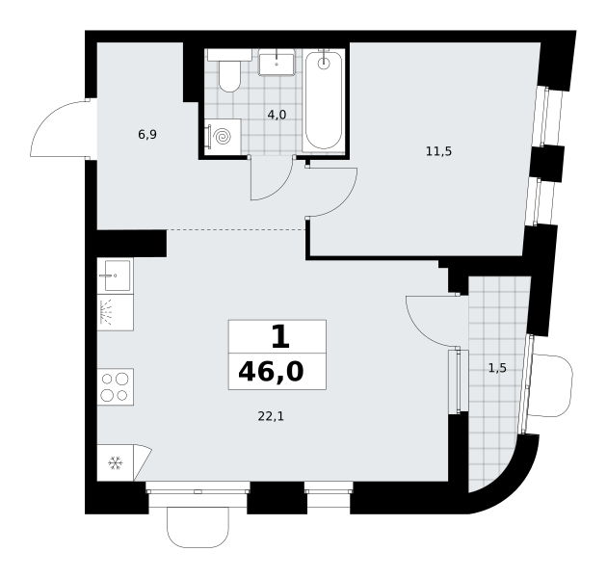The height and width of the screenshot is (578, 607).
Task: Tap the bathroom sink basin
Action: point(277,63)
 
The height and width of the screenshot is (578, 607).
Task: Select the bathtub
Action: point(324,100)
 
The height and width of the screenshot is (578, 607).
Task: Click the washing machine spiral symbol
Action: point(224,136)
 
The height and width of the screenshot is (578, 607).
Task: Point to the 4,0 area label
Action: point(277,115)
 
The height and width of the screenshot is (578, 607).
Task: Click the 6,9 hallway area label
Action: point(147,135)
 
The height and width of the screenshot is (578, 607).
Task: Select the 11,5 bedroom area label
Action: point(439,151)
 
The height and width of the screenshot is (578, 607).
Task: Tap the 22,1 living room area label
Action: point(271,416)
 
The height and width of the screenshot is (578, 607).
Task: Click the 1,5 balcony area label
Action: point(497,368)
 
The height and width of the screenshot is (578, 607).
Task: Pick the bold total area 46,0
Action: point(271,371)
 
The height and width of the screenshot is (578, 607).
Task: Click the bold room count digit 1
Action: point(280,337)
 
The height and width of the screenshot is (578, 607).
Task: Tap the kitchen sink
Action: point(116,276)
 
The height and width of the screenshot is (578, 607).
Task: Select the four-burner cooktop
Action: point(115,386)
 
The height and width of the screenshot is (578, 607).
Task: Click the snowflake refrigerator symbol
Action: point(116,463)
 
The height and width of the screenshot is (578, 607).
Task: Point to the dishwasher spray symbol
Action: point(106,312)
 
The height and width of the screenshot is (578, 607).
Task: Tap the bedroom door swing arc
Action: point(344,203)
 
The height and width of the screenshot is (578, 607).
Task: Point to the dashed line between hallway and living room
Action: point(236,230)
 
